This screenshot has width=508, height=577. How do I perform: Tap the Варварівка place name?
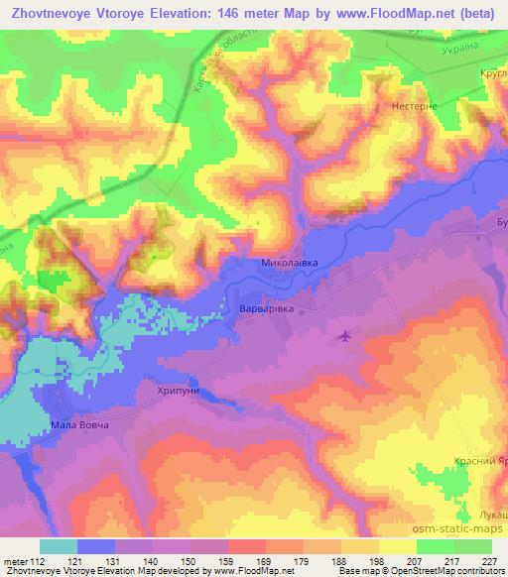(x=267, y=309)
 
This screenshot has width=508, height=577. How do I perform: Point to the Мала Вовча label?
(x=78, y=426)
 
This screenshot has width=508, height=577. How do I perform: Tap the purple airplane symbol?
(x=344, y=336)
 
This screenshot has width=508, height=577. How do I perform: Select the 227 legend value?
(x=490, y=560)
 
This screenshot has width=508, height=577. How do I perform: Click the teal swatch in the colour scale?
(x=59, y=546)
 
